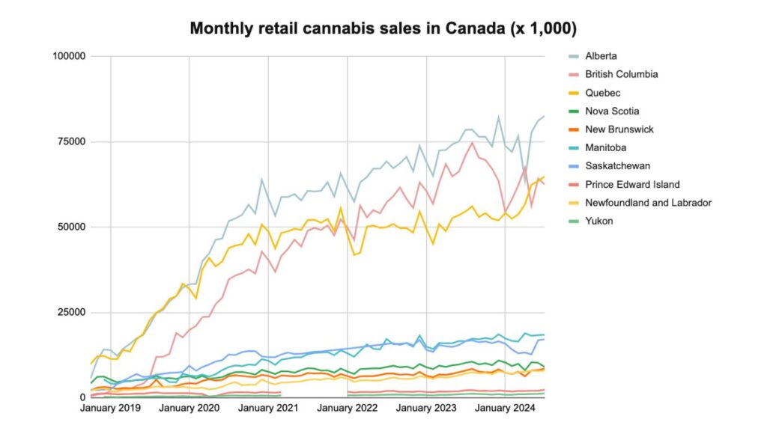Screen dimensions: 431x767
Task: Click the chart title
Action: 383,28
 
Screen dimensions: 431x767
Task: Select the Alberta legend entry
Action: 602,56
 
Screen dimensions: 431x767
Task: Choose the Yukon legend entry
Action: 600,221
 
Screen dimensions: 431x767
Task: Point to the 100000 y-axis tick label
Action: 67,56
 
